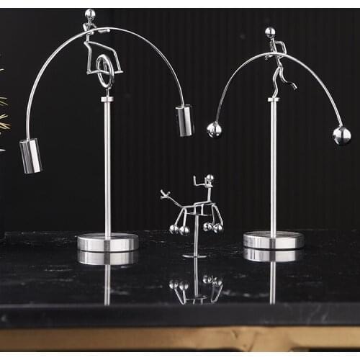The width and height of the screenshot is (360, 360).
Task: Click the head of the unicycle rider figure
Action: click(90, 13)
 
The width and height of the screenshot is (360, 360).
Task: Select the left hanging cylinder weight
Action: click(30, 156)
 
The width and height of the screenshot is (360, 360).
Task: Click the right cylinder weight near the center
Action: click(185, 120)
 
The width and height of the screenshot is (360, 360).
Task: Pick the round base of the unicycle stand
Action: click(108, 242)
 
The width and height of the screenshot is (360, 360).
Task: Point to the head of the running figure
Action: click(270, 32)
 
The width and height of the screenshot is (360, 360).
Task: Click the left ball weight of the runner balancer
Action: click(214, 130)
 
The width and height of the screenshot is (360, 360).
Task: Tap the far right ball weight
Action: click(341, 135)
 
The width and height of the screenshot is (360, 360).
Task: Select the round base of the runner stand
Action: click(273, 240)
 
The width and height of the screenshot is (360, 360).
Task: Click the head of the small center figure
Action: click(209, 179)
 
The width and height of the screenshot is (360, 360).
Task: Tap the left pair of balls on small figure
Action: click(179, 230)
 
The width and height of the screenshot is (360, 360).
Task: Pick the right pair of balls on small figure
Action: click(213, 228)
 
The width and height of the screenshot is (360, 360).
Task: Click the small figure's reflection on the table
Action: click(196, 284)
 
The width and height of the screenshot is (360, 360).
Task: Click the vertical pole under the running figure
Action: click(273, 166)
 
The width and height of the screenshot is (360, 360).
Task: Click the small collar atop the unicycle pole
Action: click(107, 99)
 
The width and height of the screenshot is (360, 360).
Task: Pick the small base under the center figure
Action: click(195, 256)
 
